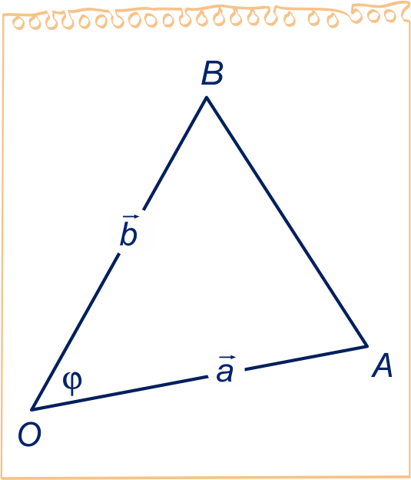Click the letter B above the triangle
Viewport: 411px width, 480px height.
point(212,73)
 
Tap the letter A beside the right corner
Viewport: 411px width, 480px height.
point(382,365)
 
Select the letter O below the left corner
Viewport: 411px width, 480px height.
point(30,435)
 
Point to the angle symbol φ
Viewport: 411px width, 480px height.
point(72,383)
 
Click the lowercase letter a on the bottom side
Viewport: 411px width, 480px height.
point(225,372)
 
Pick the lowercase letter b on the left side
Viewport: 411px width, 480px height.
point(128,234)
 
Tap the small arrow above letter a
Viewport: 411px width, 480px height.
point(227,357)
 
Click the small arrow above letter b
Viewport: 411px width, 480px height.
point(131,217)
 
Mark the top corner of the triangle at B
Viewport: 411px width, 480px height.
point(207,98)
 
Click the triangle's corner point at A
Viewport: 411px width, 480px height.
point(366,346)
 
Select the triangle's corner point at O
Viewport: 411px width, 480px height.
point(31,409)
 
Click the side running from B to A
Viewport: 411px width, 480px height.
point(287,222)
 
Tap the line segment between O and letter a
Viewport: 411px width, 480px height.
point(120,393)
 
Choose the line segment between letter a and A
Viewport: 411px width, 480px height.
point(306,358)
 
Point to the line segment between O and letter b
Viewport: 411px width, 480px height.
point(75,332)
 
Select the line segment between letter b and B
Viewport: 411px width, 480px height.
point(175,154)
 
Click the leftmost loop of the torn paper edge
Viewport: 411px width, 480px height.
point(18,23)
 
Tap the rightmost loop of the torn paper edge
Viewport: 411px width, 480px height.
point(390,16)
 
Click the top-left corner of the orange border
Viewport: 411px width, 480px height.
point(4,15)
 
